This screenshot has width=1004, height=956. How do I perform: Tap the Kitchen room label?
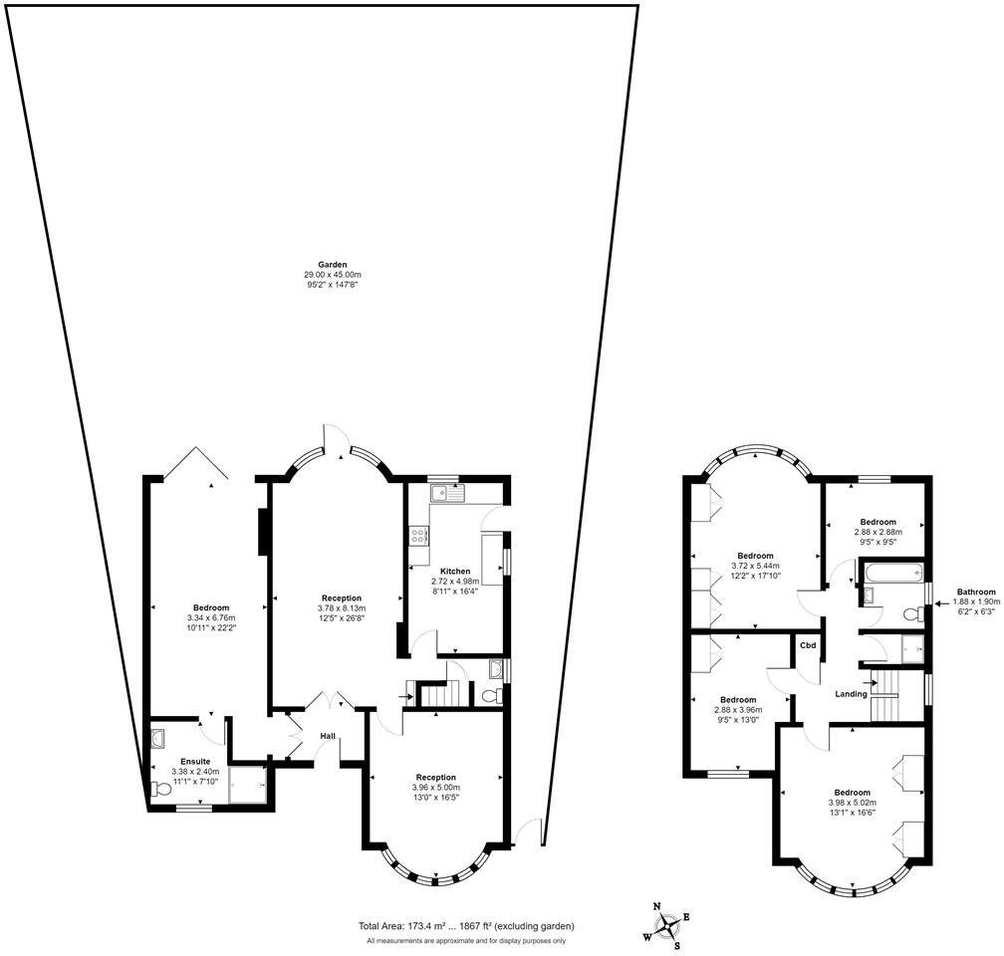tap(455, 572)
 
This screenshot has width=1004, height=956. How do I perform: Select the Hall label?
tap(327, 736)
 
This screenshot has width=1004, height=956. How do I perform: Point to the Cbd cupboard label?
tap(808, 645)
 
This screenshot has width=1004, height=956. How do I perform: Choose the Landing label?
tap(851, 694)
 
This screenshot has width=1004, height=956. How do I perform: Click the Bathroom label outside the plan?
tap(976, 592)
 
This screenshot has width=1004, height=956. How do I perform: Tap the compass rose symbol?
tap(665, 922)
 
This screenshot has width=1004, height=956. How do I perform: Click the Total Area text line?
tap(467, 926)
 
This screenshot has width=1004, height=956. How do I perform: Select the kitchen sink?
tap(447, 492)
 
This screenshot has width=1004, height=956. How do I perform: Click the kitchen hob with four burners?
tap(418, 536)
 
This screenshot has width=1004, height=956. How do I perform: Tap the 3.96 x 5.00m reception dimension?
tap(435, 788)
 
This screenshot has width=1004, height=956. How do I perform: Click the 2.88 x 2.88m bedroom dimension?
tap(878, 532)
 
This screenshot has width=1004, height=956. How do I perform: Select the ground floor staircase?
tap(438, 693)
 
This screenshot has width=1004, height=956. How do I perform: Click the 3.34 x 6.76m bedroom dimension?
tap(210, 618)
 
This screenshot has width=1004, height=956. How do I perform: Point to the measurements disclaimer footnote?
tap(466, 941)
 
